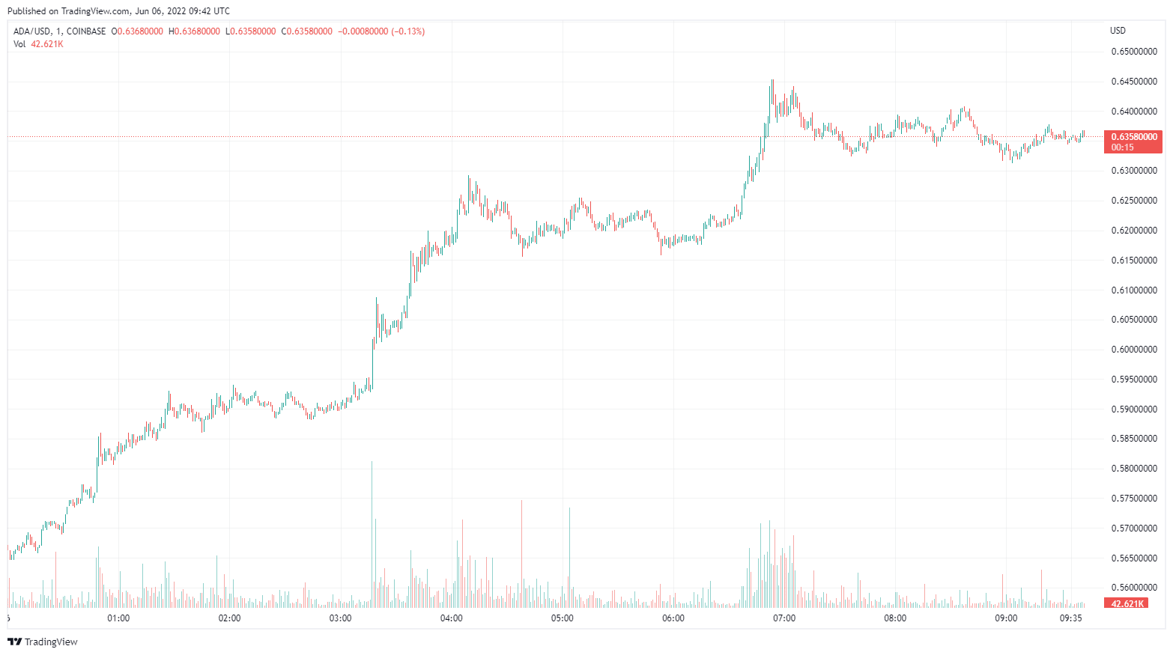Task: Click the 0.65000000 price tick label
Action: (x=1133, y=52)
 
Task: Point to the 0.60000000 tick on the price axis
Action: (x=1133, y=350)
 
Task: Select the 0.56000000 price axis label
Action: (x=1133, y=588)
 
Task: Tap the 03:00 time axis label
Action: (x=341, y=618)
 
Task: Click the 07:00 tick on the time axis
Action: (x=784, y=618)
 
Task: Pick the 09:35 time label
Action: (x=1071, y=618)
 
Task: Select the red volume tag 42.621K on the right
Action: (x=1127, y=603)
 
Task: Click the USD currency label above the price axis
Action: (x=1118, y=31)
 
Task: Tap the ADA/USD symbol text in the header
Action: (x=32, y=31)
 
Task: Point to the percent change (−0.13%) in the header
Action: (x=407, y=31)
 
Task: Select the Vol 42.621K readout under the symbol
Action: (x=38, y=44)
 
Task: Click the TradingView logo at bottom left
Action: (x=43, y=642)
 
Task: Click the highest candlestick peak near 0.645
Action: (x=772, y=81)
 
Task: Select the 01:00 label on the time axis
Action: (x=118, y=618)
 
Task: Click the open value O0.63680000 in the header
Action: (x=137, y=31)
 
